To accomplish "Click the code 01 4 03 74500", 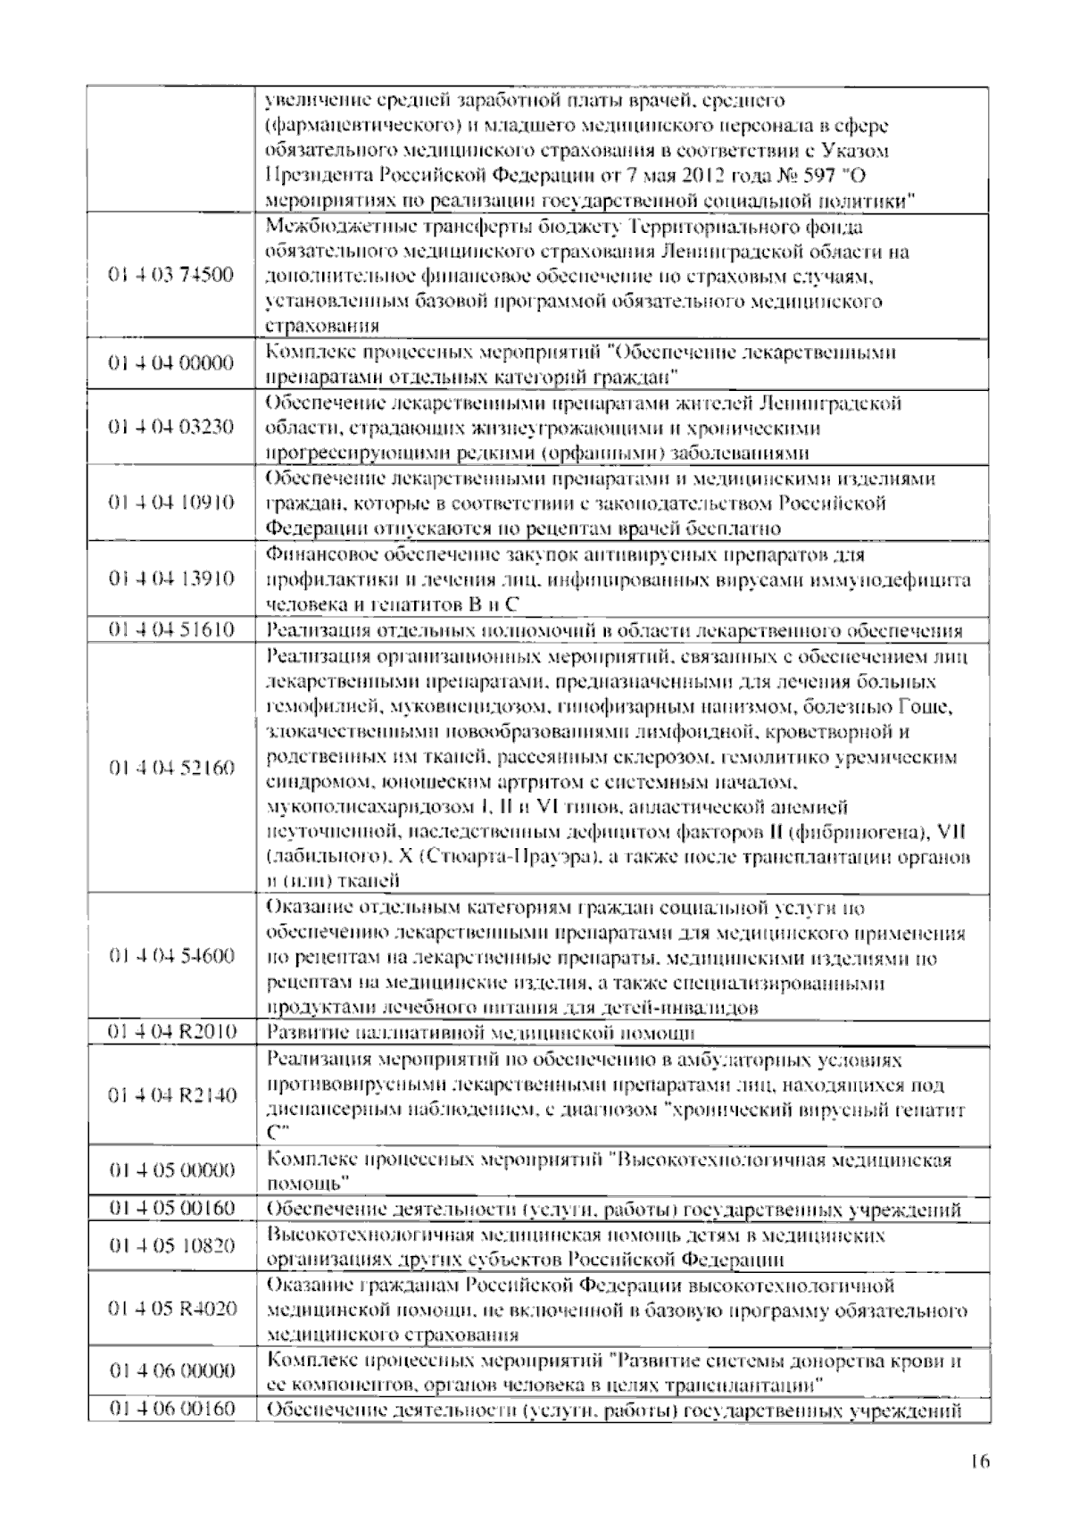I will coord(171,275).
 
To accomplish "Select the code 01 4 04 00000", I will coord(171,363).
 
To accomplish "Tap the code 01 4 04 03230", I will coord(171,427).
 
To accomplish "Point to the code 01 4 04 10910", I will coord(171,503).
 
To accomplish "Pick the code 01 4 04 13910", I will coord(171,579).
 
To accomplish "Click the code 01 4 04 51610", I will coord(171,630).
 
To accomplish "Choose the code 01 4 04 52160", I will coord(171,769).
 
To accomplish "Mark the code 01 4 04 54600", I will coord(171,957).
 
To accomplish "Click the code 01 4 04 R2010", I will coord(171,1033).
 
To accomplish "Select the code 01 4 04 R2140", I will coord(171,1095).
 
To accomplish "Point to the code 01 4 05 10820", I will coord(171,1246).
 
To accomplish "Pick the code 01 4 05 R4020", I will coord(171,1310).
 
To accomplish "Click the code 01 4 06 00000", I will coord(171,1372).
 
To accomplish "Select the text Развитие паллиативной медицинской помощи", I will coord(481,1033).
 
